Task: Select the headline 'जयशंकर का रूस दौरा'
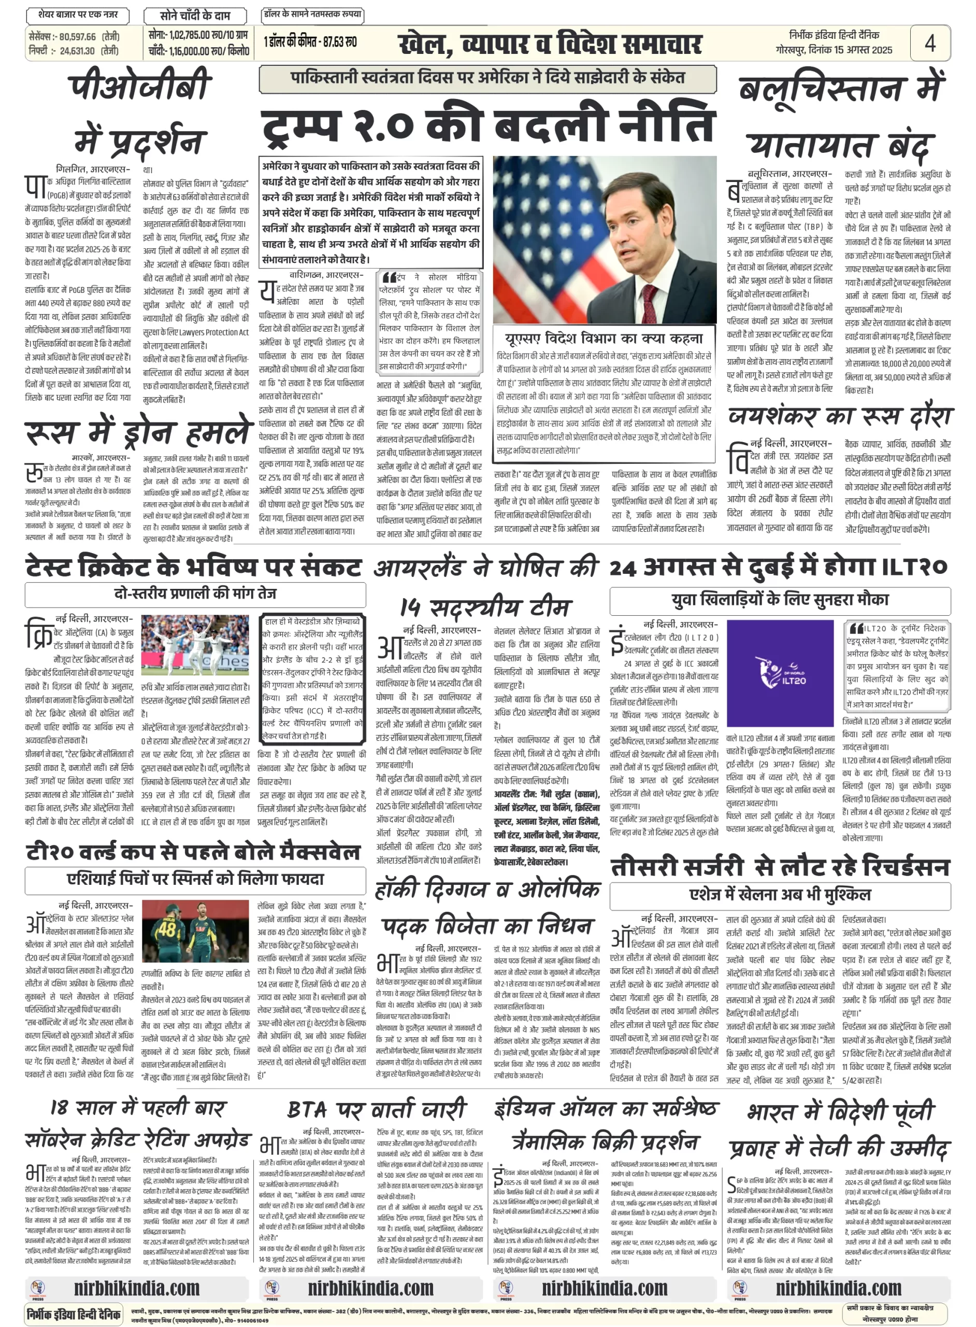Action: pos(839,416)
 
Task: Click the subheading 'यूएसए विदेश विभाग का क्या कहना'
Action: pos(604,338)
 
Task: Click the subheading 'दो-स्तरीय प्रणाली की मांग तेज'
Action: pos(195,593)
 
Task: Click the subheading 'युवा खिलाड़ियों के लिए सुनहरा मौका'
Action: pos(780,599)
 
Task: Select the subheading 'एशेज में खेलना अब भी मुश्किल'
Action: pos(780,894)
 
